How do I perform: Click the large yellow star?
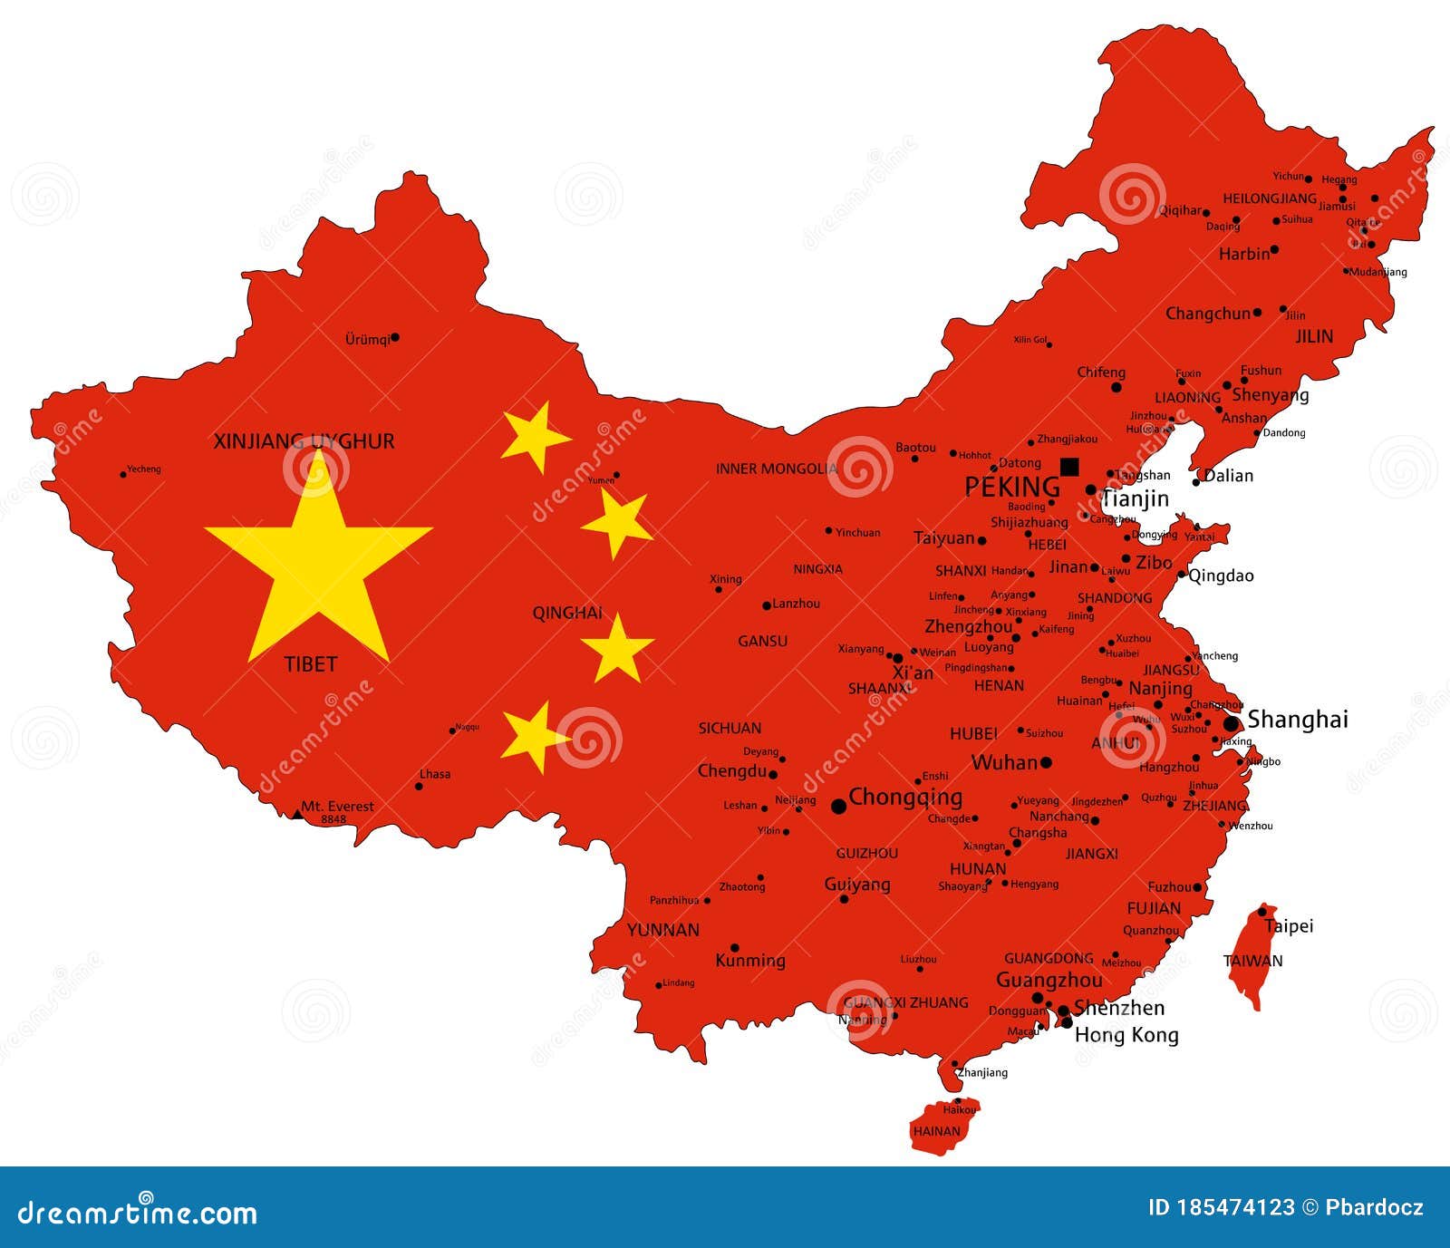318,562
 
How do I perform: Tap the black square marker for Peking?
1069,466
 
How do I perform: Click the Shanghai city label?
1298,720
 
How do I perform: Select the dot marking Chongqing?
839,805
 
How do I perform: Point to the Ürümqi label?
367,340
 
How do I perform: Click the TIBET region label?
311,664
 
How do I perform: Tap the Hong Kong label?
1126,1035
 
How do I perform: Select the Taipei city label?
1289,926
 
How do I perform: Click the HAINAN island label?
936,1131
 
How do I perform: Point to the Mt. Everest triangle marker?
297,814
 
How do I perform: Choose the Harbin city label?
1244,254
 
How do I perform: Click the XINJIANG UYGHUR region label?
304,441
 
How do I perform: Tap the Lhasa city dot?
419,786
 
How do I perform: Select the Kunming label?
750,961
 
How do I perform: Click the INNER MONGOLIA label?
777,469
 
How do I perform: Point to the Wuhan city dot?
1046,763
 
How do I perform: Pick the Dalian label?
1229,476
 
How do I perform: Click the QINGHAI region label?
567,613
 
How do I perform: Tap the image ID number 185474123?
1221,1207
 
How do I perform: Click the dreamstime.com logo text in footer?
138,1212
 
